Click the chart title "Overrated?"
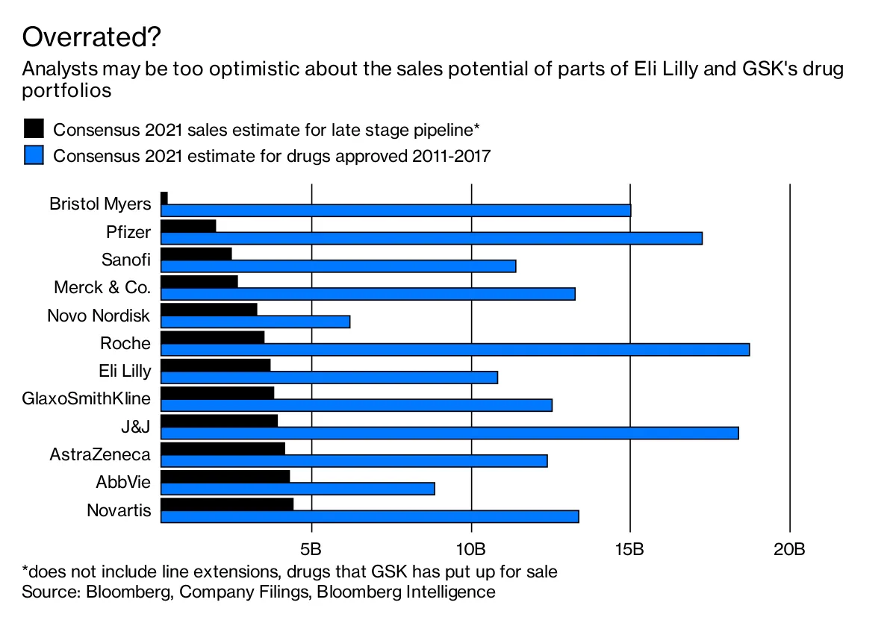point(92,36)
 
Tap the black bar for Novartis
point(227,504)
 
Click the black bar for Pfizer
point(188,225)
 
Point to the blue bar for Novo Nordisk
point(255,322)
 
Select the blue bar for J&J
point(449,433)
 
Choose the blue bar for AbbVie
point(298,489)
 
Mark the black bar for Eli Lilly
point(216,365)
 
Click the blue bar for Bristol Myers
point(396,210)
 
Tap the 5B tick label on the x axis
point(311,551)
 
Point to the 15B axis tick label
point(630,551)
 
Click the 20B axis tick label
point(789,551)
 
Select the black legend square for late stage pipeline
point(34,128)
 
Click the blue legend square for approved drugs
point(34,155)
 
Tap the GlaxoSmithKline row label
point(87,398)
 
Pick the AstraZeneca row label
point(100,454)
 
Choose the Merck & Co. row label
point(102,287)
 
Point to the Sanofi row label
point(125,260)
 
